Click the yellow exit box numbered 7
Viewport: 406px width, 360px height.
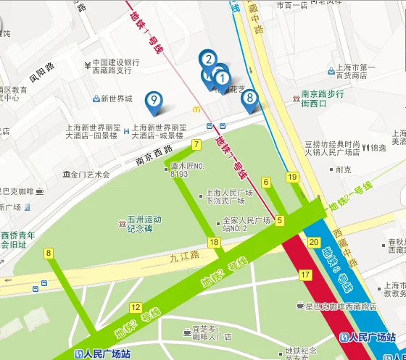coord(196,145)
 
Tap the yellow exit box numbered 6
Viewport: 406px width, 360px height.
coord(266,181)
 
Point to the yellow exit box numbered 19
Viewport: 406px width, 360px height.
coord(293,177)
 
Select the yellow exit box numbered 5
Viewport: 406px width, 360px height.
coord(280,220)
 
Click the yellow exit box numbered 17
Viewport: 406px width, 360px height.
coord(305,275)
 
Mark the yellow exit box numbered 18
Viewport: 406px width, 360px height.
coord(214,242)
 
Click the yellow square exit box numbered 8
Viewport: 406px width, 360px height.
coord(49,253)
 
